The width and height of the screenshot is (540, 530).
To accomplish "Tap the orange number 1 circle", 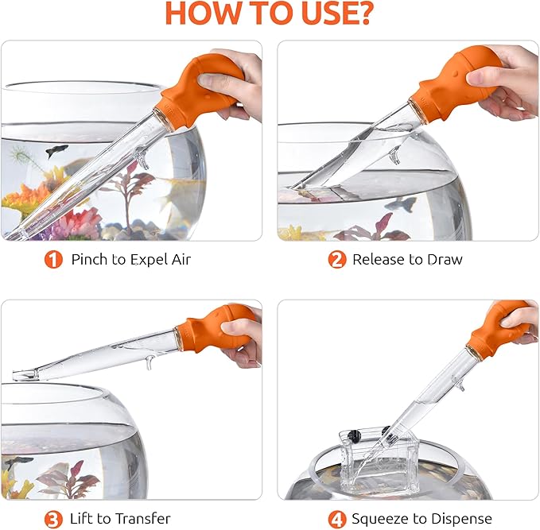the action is [x=53, y=260].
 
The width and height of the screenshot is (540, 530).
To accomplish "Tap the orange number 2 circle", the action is [x=337, y=260].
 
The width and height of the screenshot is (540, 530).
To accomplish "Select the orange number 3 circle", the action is [x=53, y=519].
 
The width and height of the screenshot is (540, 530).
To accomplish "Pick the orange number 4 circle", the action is [x=337, y=519].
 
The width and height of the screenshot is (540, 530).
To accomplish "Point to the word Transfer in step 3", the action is [x=143, y=518].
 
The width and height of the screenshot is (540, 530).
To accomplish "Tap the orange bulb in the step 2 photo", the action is [x=454, y=83].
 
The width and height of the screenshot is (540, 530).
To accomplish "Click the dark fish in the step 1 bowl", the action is [x=56, y=151].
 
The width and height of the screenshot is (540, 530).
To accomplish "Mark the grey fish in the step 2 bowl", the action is [x=401, y=203].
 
